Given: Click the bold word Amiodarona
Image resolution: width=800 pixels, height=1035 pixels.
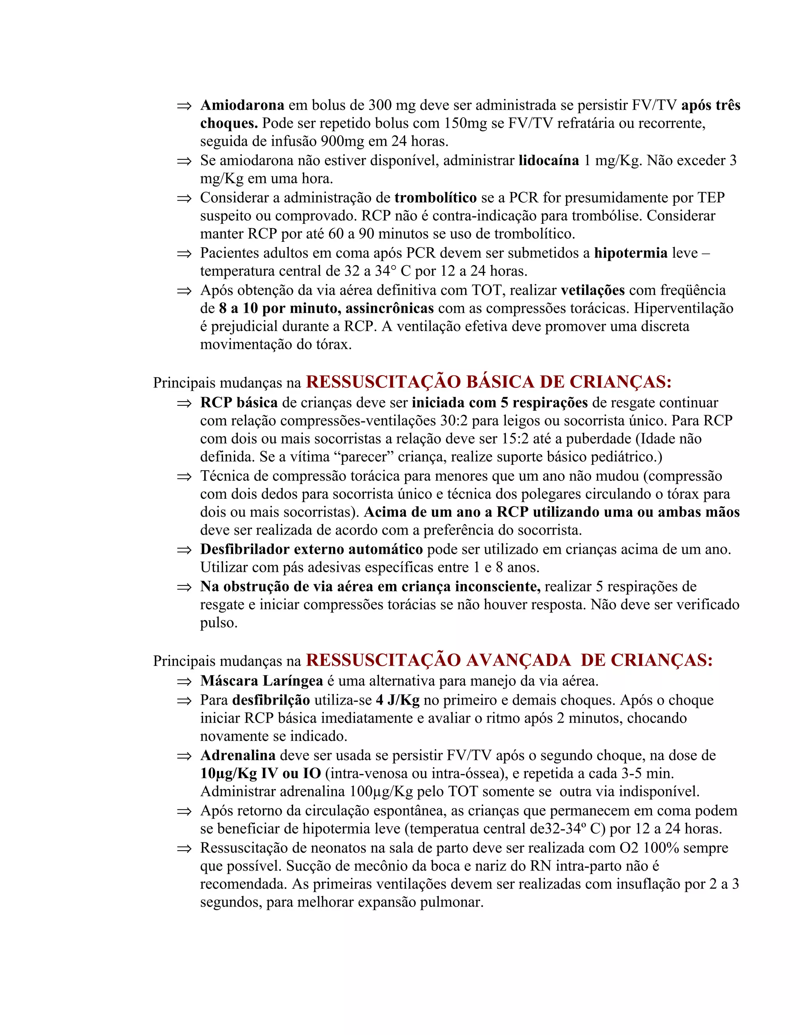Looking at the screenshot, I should pyautogui.click(x=242, y=105).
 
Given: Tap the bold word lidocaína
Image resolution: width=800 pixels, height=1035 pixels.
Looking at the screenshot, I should pyautogui.click(x=548, y=161).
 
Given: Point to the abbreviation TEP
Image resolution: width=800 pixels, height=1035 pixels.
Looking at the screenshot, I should pyautogui.click(x=711, y=198).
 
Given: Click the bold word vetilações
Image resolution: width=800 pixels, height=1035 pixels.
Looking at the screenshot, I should pyautogui.click(x=593, y=290).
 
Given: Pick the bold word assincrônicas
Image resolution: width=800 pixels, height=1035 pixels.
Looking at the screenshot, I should pyautogui.click(x=389, y=309).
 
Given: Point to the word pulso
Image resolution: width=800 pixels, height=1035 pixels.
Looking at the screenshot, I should pyautogui.click(x=218, y=623).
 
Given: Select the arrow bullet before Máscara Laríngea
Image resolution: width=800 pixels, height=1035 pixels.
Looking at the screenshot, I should pyautogui.click(x=184, y=682).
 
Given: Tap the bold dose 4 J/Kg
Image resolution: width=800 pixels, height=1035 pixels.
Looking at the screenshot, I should pyautogui.click(x=398, y=700).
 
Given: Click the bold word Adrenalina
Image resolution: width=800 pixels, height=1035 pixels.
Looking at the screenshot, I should pyautogui.click(x=238, y=755).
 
